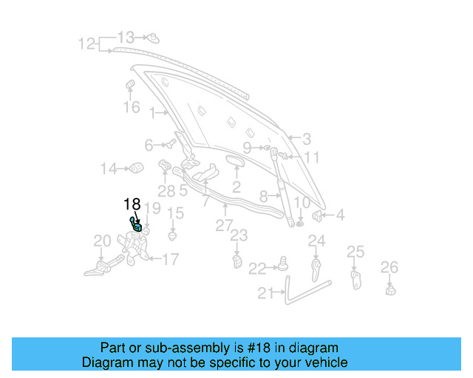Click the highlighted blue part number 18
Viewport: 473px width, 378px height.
137,227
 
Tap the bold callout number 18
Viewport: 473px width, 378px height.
132,205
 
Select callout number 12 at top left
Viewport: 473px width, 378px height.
87,44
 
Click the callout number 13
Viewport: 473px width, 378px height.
126,37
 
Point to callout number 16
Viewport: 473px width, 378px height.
131,108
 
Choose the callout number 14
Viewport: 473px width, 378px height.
109,169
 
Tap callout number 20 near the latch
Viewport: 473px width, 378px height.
102,241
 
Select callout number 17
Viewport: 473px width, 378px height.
170,259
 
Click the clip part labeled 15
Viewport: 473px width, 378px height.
173,236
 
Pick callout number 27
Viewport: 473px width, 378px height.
224,225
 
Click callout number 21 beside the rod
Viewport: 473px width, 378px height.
265,293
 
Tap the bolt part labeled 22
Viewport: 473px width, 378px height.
283,264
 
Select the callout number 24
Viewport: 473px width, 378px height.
316,241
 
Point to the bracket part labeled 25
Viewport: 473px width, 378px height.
355,278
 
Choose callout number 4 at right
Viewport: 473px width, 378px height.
340,216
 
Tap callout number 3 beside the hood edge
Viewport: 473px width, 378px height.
306,138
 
